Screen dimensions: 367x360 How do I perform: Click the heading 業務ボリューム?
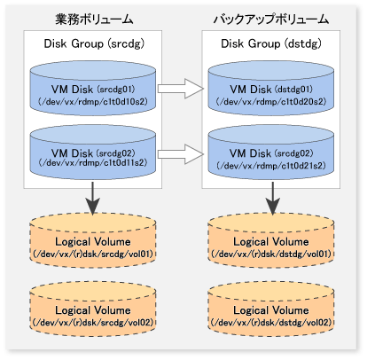tap(94, 20)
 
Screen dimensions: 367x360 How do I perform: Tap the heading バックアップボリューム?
tap(271, 20)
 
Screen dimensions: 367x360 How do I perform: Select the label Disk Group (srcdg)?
tap(94, 43)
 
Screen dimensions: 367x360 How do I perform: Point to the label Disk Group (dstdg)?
tap(271, 43)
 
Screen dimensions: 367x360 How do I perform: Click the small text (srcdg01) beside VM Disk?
tap(116, 89)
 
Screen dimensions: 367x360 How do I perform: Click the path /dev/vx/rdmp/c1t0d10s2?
tap(93, 102)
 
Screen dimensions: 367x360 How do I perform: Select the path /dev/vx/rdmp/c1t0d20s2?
tap(271, 102)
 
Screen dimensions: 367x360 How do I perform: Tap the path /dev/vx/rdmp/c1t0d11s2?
tap(93, 162)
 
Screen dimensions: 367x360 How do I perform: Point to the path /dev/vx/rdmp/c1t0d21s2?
tap(271, 165)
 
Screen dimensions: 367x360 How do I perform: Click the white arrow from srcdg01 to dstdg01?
tap(181, 89)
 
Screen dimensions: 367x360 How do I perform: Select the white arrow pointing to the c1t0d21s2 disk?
tap(181, 154)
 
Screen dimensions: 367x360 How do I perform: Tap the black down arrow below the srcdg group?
tap(93, 198)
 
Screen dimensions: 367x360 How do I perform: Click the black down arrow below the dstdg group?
tap(272, 198)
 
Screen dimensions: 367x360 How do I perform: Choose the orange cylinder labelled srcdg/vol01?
tap(93, 240)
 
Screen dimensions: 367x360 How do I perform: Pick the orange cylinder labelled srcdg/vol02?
tap(93, 309)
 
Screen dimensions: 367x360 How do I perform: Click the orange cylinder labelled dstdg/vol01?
tap(271, 240)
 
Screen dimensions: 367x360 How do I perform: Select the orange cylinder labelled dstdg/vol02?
tap(271, 309)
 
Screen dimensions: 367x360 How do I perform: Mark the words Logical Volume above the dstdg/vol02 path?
tap(271, 310)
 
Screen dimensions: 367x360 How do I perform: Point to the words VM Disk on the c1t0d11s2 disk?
tap(72, 153)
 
